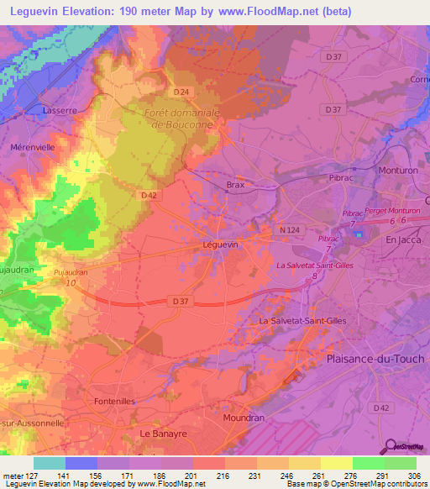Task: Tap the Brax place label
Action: pos(235,185)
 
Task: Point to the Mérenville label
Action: pos(32,146)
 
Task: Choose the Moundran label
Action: pos(244,417)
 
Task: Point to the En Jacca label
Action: pos(401,239)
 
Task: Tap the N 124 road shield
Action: pos(290,229)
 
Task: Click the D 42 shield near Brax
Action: pos(149,195)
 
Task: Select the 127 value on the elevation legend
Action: pos(28,475)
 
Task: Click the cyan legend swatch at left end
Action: pos(49,463)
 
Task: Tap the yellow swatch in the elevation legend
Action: pos(336,463)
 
